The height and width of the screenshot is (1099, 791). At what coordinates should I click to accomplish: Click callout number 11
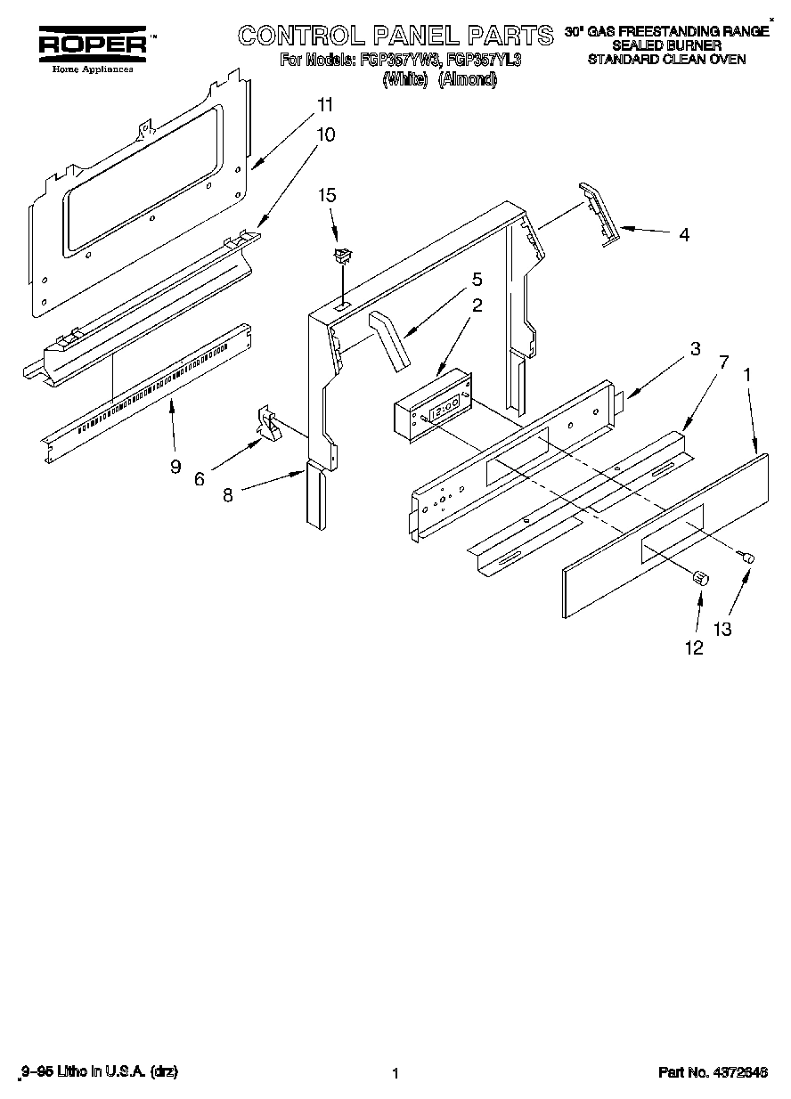[x=325, y=105]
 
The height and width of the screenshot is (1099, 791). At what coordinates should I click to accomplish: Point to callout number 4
[x=683, y=236]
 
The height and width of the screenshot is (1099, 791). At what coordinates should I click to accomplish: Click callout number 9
[x=175, y=466]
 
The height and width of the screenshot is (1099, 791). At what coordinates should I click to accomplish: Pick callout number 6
[x=199, y=478]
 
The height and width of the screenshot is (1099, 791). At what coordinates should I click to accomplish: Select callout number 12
[x=692, y=648]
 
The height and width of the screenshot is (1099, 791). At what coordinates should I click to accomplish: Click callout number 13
[x=722, y=629]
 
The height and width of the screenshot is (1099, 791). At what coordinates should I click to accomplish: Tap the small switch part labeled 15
[x=340, y=256]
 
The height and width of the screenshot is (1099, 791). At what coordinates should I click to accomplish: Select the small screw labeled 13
[x=748, y=557]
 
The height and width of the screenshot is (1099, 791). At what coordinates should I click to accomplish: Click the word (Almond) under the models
[x=467, y=79]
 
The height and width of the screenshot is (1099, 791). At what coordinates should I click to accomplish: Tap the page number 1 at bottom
[x=394, y=1073]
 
